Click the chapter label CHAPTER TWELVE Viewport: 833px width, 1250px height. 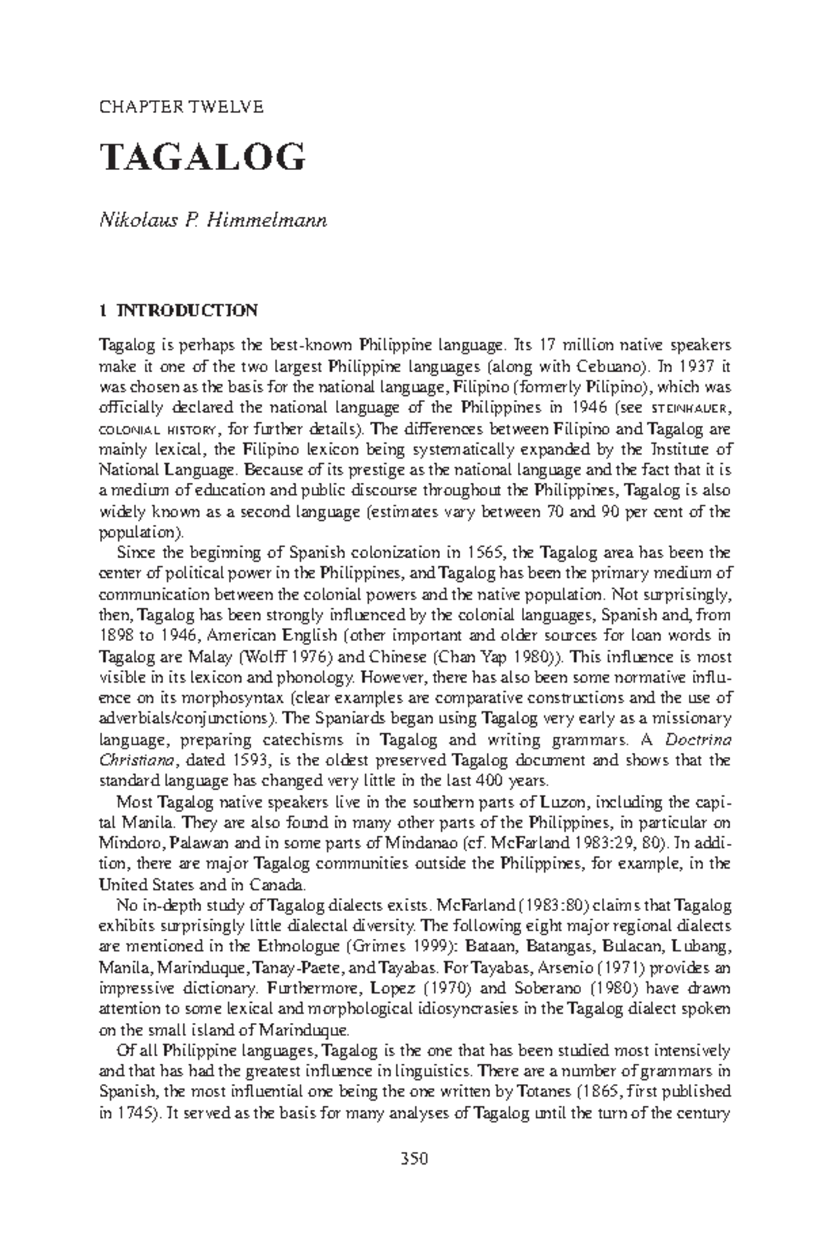(x=182, y=107)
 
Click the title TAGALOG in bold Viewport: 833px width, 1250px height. (x=203, y=158)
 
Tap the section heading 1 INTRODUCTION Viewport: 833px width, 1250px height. (x=179, y=310)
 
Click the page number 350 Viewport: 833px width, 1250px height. (x=415, y=1158)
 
